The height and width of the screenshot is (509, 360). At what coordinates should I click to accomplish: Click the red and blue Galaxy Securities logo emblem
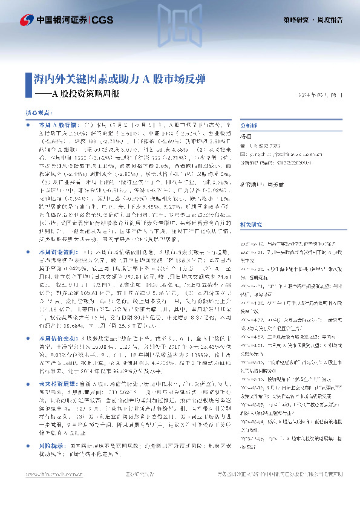click(x=25, y=20)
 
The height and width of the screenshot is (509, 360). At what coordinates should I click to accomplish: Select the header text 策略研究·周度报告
click(x=313, y=20)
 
